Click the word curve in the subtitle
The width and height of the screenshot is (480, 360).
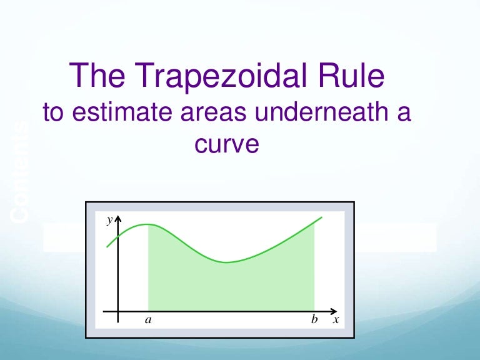[x=227, y=144]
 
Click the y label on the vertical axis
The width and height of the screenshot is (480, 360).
[x=109, y=220]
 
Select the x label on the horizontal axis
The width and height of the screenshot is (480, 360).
[x=336, y=320]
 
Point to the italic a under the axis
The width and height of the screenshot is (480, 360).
[x=148, y=320]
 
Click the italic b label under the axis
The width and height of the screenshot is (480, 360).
[x=315, y=320]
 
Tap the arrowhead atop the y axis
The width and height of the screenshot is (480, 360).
[x=117, y=218]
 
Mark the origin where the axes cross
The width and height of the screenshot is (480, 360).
[x=117, y=311]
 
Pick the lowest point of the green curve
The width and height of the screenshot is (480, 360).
[x=227, y=262]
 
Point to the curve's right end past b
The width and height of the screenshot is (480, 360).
[x=321, y=217]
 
